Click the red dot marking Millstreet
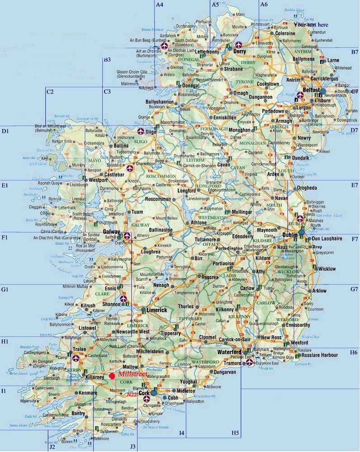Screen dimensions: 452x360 click(x=112, y=376)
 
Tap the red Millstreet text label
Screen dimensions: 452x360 click(x=132, y=375)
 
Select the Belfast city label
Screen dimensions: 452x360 click(x=312, y=90)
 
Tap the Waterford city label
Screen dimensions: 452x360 click(x=228, y=352)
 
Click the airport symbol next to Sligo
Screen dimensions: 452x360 click(x=140, y=131)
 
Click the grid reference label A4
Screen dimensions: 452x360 click(x=159, y=5)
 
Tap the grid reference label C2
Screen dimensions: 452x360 click(x=50, y=92)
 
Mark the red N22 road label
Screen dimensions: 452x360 click(x=132, y=394)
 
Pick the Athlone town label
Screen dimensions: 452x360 click(x=199, y=223)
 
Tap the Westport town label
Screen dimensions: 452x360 click(x=98, y=180)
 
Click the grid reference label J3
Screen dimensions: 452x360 click(x=133, y=447)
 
